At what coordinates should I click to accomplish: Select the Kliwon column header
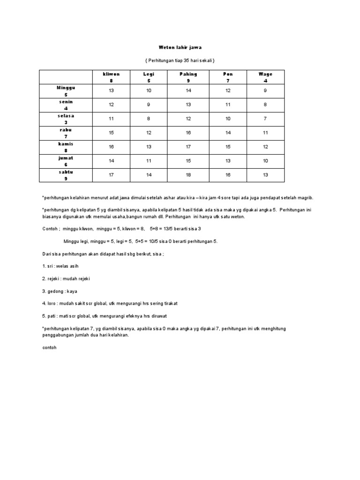111,77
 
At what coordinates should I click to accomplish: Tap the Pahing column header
188,77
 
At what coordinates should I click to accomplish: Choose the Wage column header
265,77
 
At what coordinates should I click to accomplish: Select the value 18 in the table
188,175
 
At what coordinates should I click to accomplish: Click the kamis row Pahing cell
188,147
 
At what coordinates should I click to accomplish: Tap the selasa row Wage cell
265,119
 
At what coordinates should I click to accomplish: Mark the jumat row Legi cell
149,161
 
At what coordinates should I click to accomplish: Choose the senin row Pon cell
228,105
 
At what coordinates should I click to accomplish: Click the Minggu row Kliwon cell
111,91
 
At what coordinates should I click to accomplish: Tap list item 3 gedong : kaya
60,291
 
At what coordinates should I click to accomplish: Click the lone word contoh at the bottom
49,348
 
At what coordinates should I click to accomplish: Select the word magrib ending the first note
302,198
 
